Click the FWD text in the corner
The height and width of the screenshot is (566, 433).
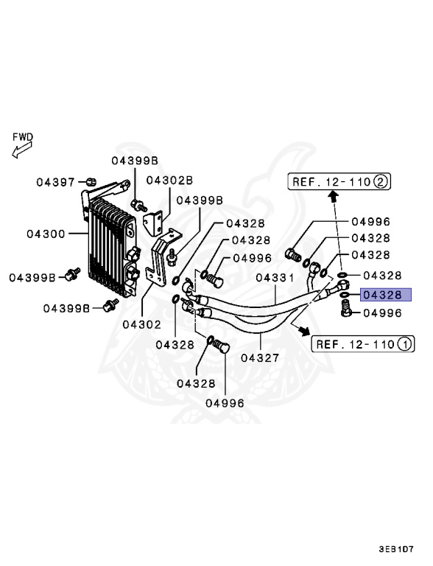click(x=23, y=137)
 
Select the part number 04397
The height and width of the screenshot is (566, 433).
click(x=56, y=181)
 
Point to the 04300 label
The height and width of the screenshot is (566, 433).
click(x=46, y=234)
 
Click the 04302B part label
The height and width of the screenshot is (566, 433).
click(x=169, y=179)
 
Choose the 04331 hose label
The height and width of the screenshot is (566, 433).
click(x=275, y=278)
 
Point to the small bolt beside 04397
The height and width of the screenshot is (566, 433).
click(x=90, y=181)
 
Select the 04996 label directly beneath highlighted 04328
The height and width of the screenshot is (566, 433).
click(x=381, y=313)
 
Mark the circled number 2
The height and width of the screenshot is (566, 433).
click(x=381, y=181)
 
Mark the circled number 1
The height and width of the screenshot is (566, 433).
click(x=404, y=343)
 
